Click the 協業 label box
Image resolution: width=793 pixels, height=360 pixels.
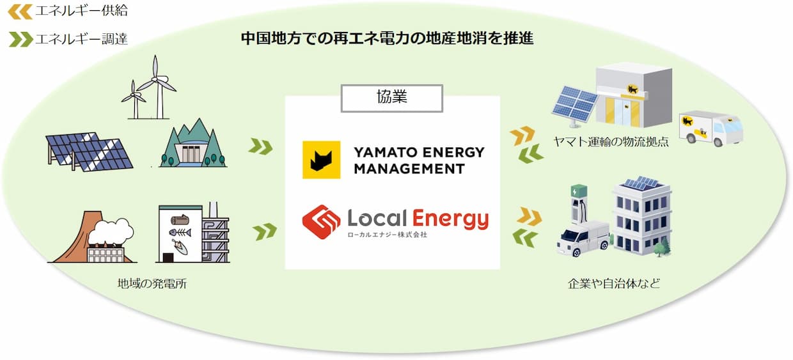tap(391, 98)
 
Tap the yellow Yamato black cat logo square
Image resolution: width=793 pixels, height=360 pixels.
tap(321, 160)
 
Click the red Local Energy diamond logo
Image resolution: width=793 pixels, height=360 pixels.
tap(321, 222)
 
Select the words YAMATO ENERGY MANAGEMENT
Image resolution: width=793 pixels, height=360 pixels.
tap(419, 160)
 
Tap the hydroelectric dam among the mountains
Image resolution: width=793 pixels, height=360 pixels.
tap(193, 143)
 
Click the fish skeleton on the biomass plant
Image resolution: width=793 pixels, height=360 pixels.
tap(180, 233)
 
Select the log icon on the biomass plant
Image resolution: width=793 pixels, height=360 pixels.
tap(180, 220)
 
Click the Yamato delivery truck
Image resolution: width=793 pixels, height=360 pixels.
tap(710, 128)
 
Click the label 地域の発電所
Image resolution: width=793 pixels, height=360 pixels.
tap(152, 283)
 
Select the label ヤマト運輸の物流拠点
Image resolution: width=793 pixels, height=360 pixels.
tap(611, 141)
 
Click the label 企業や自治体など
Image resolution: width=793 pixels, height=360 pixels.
tap(614, 283)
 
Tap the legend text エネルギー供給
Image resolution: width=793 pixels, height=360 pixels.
tap(81, 11)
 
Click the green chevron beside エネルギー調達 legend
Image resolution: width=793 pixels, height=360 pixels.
tap(21, 39)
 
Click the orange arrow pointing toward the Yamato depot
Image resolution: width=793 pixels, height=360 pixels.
tap(522, 135)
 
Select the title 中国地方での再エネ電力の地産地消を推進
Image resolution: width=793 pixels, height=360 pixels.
tap(387, 38)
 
